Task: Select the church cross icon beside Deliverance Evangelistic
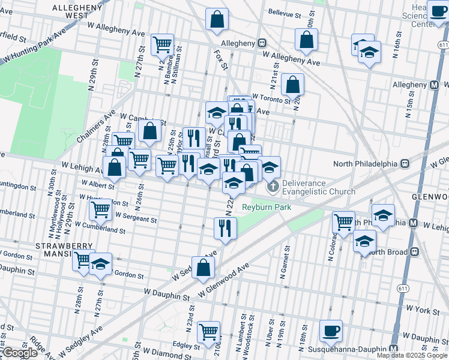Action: coord(273,186)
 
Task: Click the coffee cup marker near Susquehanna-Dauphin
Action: coord(331,331)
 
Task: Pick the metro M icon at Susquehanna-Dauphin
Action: coord(393,349)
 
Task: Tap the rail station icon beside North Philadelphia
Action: coord(405,163)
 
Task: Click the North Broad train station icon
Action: coord(414,252)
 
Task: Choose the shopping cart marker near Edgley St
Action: coord(209,332)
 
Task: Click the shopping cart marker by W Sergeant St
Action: coord(100,210)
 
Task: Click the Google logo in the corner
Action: coord(20,353)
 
